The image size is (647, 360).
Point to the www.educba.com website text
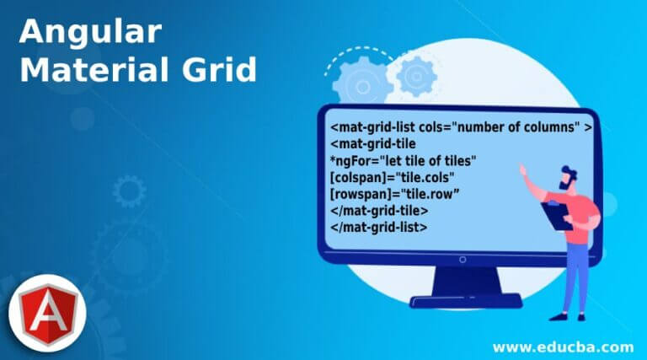pos(563,346)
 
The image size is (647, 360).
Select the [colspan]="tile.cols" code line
pos(393,178)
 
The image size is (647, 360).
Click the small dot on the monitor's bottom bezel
pos(460,260)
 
